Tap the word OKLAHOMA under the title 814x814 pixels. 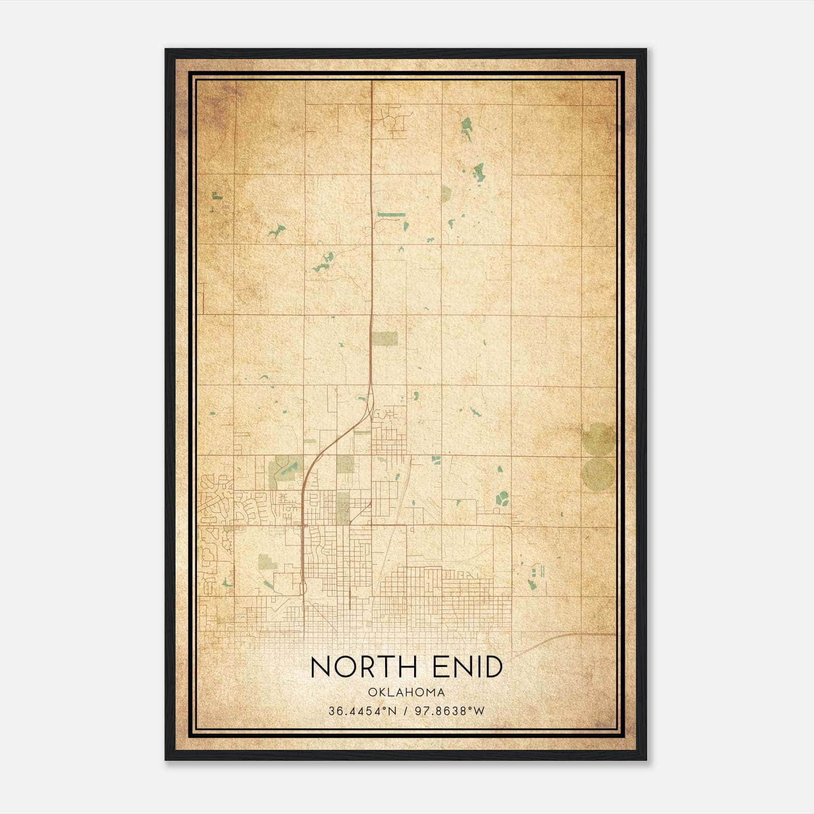click(x=407, y=692)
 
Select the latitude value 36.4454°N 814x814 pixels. click(x=362, y=711)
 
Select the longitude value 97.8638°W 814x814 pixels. click(x=450, y=711)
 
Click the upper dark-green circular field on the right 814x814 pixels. click(x=598, y=439)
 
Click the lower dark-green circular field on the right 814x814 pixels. click(x=598, y=474)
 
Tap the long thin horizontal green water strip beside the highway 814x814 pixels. click(x=391, y=215)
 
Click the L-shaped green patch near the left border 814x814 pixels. click(x=217, y=196)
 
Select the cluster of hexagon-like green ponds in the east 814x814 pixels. click(x=502, y=498)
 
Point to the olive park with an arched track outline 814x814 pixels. click(x=345, y=464)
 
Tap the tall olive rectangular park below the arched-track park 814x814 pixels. click(x=343, y=507)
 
